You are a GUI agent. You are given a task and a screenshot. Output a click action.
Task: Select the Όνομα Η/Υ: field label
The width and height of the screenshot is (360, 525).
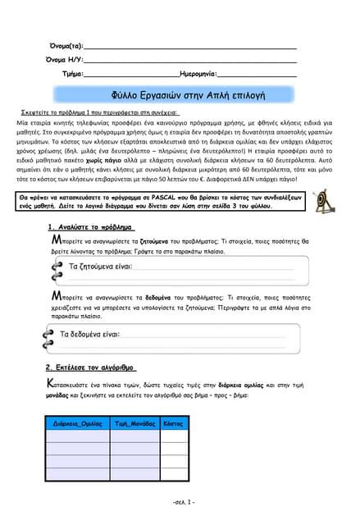point(64,60)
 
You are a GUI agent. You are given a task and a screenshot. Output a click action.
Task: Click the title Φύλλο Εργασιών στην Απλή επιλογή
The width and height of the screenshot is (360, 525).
point(180,95)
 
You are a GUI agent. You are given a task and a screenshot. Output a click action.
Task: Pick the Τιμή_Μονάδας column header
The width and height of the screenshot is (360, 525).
point(135,423)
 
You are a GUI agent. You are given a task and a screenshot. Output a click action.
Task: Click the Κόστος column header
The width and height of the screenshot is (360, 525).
point(173,423)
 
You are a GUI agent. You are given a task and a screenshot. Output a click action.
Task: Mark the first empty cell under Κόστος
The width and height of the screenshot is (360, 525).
point(173,436)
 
